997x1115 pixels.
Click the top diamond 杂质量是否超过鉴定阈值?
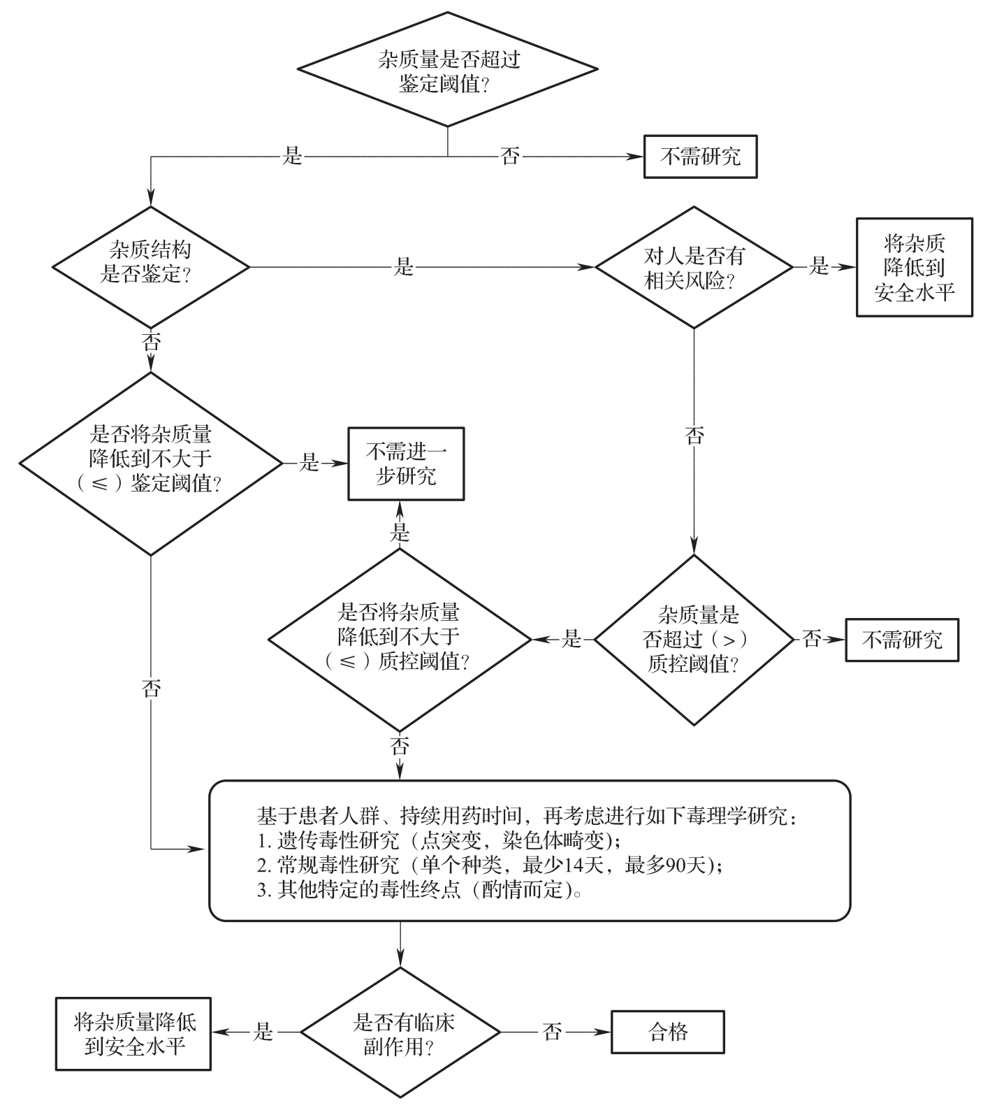[448, 71]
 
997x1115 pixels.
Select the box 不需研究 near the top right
[700, 157]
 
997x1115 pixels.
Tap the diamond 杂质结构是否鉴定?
[151, 266]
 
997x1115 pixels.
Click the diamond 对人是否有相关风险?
[693, 267]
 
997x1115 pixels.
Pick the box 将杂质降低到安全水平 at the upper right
[914, 267]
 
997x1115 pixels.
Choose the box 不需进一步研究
[407, 463]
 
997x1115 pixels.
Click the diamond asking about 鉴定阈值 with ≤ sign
[151, 463]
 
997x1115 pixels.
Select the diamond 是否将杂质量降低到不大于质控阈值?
[400, 638]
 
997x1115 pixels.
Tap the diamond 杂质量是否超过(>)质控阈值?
[693, 639]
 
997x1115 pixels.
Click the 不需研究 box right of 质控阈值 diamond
[901, 640]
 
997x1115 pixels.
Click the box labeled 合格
[668, 1032]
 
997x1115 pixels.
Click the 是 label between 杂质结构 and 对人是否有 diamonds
[405, 267]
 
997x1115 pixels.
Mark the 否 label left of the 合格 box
[552, 1033]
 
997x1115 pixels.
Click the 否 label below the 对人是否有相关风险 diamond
[694, 436]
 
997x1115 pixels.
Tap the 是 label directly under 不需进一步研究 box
[400, 532]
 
